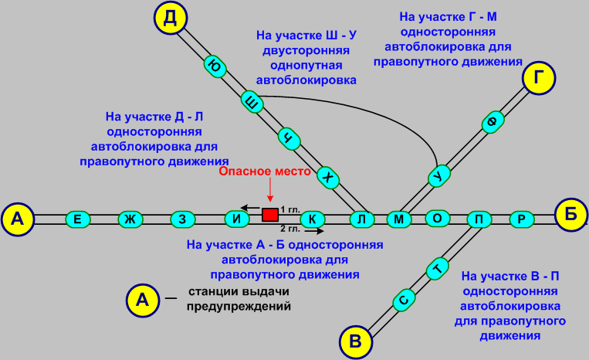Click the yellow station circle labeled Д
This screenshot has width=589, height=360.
pyautogui.click(x=170, y=18)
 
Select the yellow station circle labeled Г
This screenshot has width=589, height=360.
pyautogui.click(x=539, y=78)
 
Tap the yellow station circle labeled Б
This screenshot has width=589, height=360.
pyautogui.click(x=571, y=215)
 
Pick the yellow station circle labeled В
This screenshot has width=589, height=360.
pyautogui.click(x=355, y=341)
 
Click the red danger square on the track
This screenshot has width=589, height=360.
pyautogui.click(x=270, y=214)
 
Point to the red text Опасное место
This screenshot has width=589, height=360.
pyautogui.click(x=265, y=171)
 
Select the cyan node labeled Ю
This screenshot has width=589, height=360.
pyautogui.click(x=216, y=67)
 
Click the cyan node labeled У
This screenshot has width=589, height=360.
pyautogui.click(x=439, y=176)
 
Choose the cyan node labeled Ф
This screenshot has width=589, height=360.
pyautogui.click(x=490, y=121)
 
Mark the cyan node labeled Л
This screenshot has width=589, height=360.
pyautogui.click(x=361, y=219)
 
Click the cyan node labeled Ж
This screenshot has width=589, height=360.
pyautogui.click(x=130, y=219)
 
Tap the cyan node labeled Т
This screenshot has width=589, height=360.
pyautogui.click(x=438, y=269)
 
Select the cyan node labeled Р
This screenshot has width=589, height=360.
pyautogui.click(x=522, y=219)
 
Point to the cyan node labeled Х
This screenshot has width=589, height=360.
pyautogui.click(x=329, y=177)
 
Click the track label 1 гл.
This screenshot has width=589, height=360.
pyautogui.click(x=290, y=209)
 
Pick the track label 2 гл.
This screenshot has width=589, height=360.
pyautogui.click(x=290, y=229)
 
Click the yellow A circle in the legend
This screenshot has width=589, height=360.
pyautogui.click(x=142, y=300)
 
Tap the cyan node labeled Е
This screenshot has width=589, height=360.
pyautogui.click(x=78, y=219)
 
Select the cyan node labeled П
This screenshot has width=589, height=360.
pyautogui.click(x=479, y=219)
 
